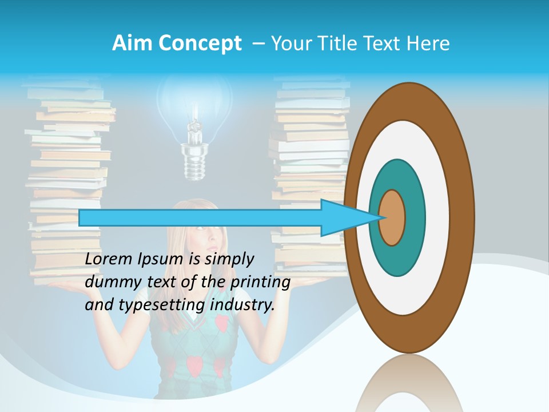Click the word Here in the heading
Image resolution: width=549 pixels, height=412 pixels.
(428, 43)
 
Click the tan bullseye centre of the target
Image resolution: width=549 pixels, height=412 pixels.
(392, 217)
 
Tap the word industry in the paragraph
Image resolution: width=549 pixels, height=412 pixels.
(242, 305)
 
